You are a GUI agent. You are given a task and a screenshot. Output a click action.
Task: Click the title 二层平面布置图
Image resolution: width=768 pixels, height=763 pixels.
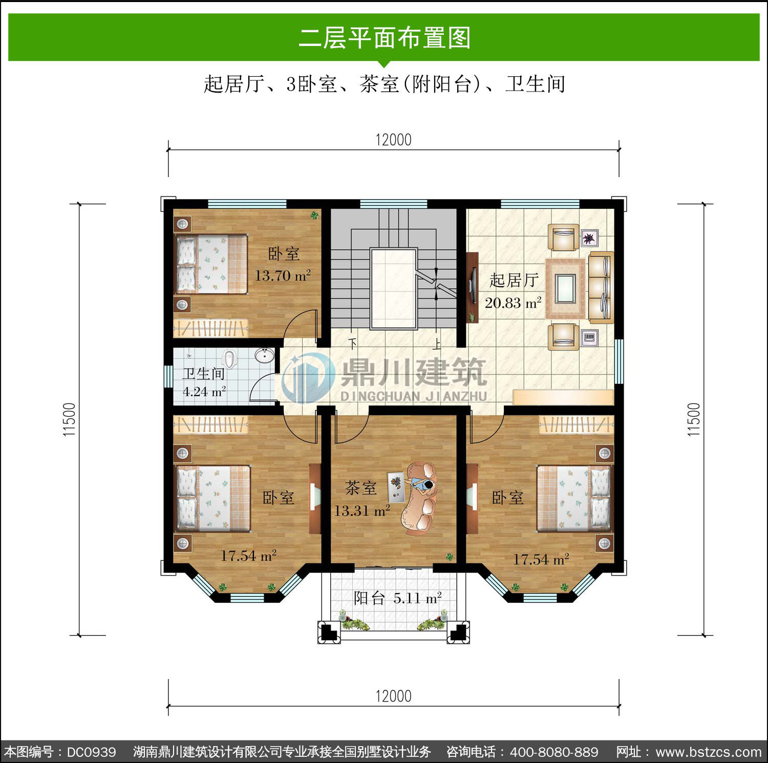click(x=384, y=38)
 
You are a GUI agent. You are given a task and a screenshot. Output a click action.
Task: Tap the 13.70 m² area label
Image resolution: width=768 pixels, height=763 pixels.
click(x=283, y=276)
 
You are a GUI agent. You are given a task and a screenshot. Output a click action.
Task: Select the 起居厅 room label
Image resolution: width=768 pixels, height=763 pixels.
click(x=514, y=280)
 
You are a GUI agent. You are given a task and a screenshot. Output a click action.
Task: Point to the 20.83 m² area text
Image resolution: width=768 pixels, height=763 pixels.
click(x=513, y=303)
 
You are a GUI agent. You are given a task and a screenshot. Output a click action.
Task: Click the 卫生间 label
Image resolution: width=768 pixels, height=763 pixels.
click(x=203, y=374)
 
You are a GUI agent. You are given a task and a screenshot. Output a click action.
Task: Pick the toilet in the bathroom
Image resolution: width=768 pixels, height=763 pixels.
click(x=230, y=359)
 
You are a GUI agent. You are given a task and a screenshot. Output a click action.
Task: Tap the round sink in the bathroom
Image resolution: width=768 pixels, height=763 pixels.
click(x=265, y=355)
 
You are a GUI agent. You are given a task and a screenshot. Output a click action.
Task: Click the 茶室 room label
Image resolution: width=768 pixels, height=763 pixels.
click(x=360, y=488)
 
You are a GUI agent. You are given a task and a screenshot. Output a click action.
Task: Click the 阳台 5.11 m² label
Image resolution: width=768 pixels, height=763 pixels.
click(x=397, y=598)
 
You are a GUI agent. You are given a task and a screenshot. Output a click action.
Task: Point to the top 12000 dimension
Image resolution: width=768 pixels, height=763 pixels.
click(x=393, y=140)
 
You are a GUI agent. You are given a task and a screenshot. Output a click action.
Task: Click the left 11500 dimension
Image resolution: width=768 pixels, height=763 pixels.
click(x=69, y=420)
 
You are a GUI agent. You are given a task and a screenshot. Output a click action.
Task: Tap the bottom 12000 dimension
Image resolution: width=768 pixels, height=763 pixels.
click(x=393, y=696)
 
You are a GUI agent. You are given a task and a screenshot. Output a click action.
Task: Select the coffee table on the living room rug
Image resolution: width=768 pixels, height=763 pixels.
click(x=565, y=289)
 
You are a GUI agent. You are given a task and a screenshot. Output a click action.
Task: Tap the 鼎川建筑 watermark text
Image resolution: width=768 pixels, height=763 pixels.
click(x=413, y=372)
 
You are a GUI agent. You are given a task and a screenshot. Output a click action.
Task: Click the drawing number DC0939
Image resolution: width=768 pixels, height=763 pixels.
click(x=92, y=752)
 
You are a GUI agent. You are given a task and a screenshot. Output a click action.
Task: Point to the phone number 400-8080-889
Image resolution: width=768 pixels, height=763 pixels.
click(x=554, y=752)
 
